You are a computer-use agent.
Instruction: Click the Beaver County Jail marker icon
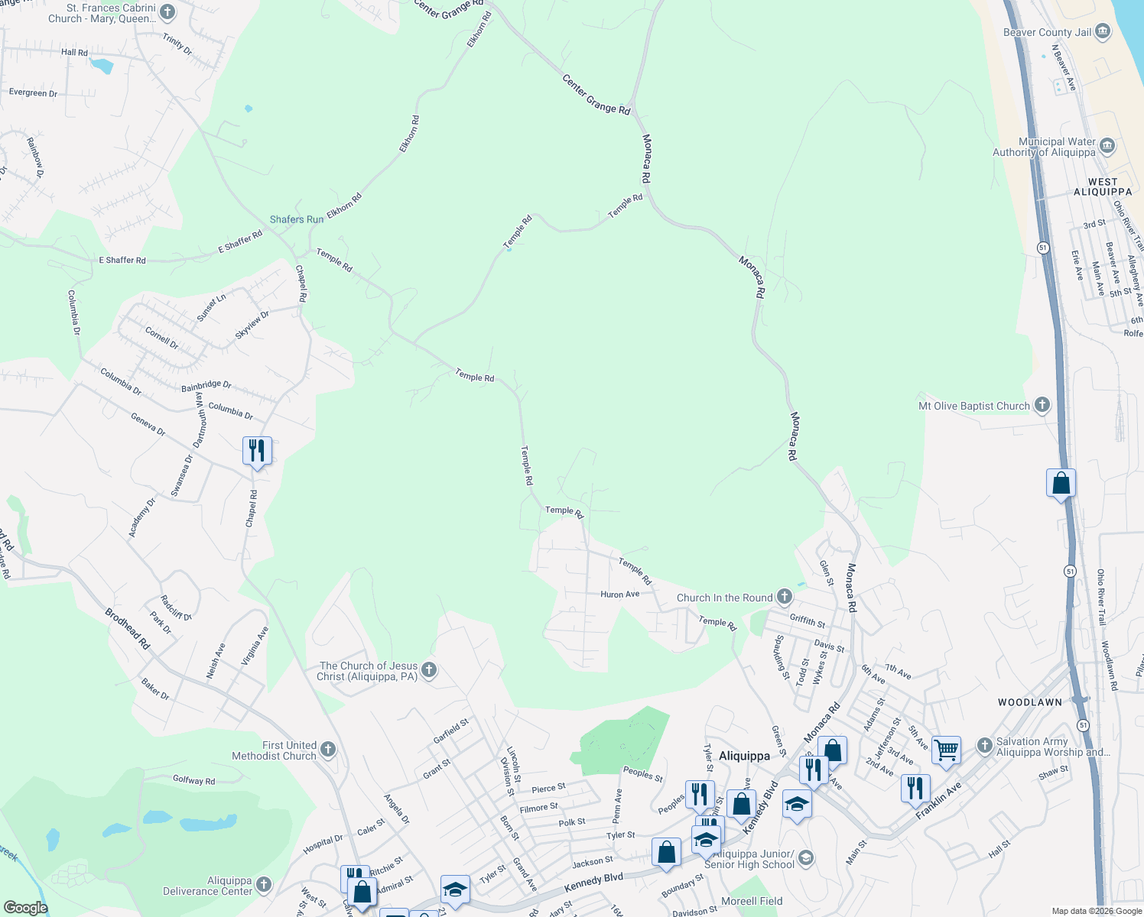[1103, 32]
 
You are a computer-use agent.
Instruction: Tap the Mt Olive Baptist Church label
[973, 406]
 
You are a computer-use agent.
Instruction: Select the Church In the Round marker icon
[784, 597]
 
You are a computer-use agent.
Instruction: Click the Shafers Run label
[297, 219]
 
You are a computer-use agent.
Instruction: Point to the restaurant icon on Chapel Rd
[257, 451]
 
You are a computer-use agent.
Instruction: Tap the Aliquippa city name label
[744, 756]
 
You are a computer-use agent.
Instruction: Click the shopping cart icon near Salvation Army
[946, 750]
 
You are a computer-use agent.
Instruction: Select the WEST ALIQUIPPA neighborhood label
[1103, 187]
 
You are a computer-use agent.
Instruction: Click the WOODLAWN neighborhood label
[1030, 702]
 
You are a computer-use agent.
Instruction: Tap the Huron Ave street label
[619, 594]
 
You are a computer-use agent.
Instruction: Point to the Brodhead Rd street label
[127, 629]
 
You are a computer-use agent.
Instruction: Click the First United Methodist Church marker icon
[328, 749]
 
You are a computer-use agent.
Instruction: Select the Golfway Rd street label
[193, 780]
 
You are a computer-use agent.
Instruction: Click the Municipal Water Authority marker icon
[1107, 145]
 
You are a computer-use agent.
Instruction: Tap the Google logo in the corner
[25, 908]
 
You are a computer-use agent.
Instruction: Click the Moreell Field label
[752, 901]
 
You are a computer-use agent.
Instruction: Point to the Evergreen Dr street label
[33, 92]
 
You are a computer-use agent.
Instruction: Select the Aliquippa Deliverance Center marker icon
[264, 885]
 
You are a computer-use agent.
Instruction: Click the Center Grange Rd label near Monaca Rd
[596, 95]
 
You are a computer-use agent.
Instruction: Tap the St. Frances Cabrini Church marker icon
[168, 12]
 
